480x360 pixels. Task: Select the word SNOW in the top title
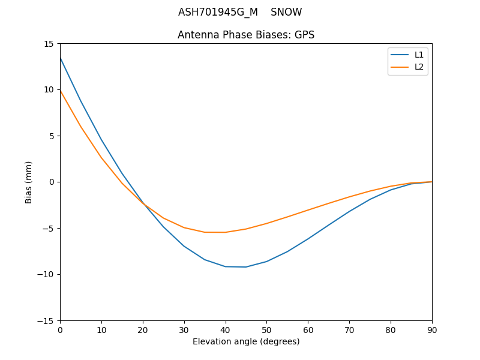point(286,13)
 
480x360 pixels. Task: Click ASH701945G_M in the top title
point(218,13)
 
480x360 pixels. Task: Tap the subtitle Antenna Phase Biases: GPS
point(246,35)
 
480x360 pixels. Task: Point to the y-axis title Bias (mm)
point(29,182)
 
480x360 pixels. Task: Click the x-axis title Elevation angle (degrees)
point(246,342)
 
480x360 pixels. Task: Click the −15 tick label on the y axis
point(46,320)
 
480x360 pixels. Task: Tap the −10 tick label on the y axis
point(46,274)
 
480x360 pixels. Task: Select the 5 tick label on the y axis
point(52,136)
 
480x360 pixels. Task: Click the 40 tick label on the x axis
point(225,330)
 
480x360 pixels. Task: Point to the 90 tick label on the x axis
point(432,330)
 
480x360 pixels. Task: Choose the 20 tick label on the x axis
point(143,330)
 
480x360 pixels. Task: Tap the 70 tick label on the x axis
point(349,330)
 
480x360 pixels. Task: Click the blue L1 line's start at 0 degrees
point(60,58)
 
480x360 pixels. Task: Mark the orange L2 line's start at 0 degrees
point(60,91)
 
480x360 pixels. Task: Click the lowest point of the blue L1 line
point(246,267)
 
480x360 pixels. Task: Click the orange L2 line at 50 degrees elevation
point(266,223)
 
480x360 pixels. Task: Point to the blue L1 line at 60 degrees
point(308,239)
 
